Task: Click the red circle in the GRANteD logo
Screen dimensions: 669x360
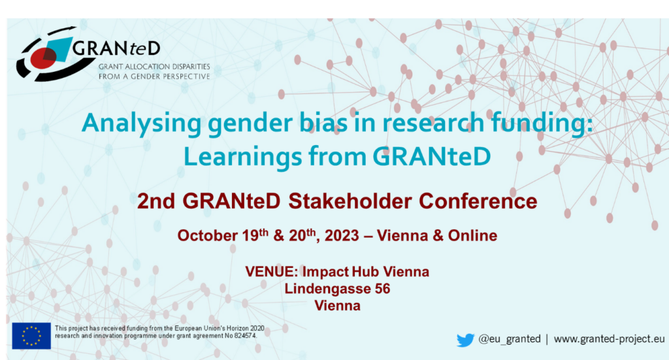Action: point(44,58)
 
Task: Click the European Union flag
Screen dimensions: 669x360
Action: point(31,336)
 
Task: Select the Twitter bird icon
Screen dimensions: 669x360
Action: point(465,340)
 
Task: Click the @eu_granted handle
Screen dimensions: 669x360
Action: point(510,339)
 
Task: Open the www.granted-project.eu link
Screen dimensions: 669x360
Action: point(610,339)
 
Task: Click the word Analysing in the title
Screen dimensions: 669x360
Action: point(141,123)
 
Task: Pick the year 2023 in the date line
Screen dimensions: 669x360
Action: point(342,235)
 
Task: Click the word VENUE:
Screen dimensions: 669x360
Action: point(271,272)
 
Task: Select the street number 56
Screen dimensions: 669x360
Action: point(382,289)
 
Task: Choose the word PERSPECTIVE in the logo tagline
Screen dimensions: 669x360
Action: point(188,76)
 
